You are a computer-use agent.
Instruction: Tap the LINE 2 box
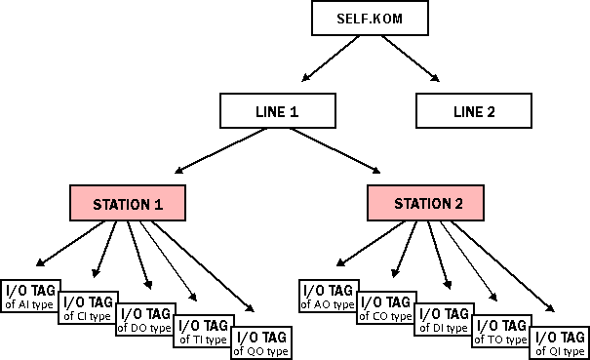474,111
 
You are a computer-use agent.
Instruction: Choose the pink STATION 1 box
128,204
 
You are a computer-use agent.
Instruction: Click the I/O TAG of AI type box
30,297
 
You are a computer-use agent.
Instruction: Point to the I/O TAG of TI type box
203,332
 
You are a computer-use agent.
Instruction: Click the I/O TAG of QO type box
260,343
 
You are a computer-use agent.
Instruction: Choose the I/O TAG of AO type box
327,297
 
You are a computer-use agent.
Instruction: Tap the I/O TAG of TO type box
501,332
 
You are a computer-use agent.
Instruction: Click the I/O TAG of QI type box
560,343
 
